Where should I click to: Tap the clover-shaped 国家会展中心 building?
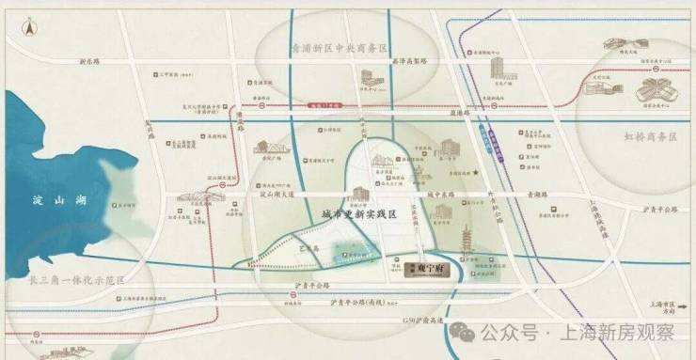(x=655, y=93)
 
